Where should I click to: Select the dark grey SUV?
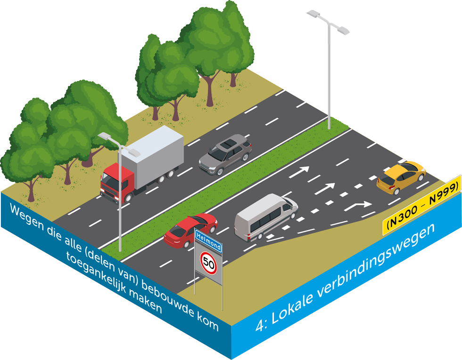(x=225, y=154)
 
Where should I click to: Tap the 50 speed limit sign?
(x=208, y=262)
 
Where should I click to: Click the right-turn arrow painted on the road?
(x=359, y=206)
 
